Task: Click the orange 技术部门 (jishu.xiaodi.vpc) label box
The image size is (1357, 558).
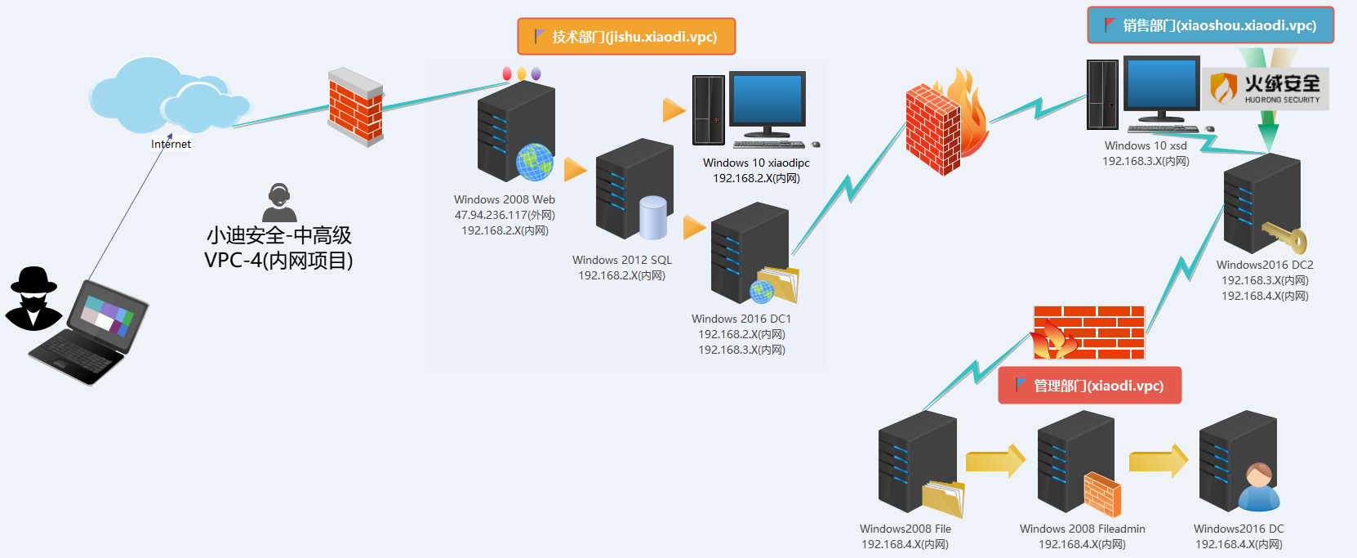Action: click(626, 37)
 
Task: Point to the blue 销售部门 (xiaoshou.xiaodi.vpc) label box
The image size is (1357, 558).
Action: click(1210, 25)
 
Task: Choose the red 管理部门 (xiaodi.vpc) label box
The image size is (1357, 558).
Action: click(1089, 386)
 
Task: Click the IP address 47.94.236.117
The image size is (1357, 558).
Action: click(491, 215)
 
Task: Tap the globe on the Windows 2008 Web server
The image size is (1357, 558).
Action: click(535, 162)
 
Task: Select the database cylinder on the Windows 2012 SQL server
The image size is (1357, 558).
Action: click(653, 217)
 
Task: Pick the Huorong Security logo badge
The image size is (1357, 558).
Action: click(1265, 89)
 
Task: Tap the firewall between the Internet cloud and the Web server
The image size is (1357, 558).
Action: click(355, 107)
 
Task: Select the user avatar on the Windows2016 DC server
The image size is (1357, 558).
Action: click(1258, 488)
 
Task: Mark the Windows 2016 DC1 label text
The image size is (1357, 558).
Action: click(741, 319)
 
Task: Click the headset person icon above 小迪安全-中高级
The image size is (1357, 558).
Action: click(279, 203)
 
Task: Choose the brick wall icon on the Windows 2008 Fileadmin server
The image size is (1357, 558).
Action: click(1102, 494)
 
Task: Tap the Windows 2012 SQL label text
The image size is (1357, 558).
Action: click(622, 260)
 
